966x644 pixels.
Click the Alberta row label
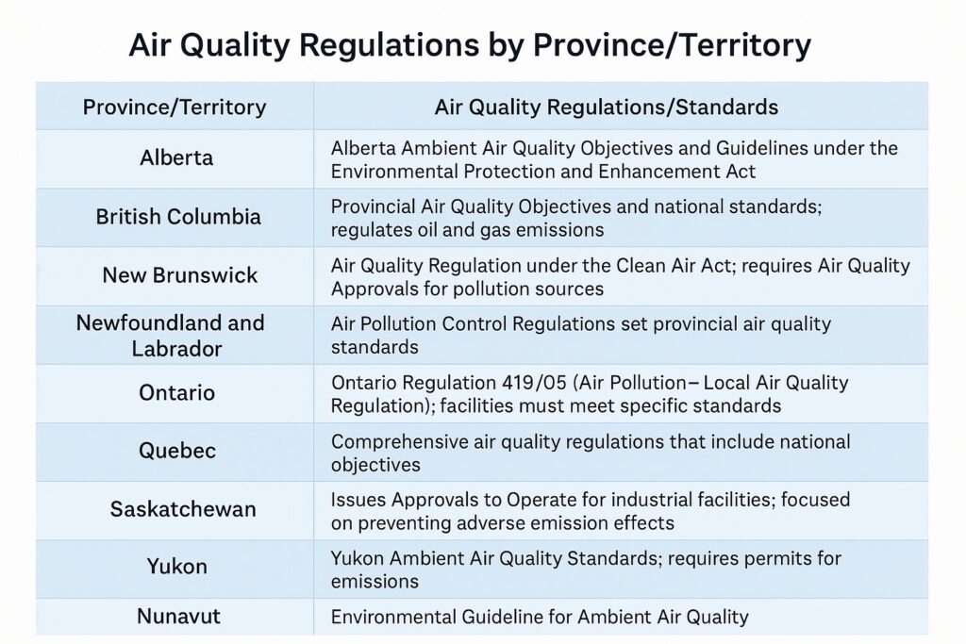point(176,157)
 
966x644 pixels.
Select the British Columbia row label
point(178,217)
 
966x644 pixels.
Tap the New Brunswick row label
point(180,275)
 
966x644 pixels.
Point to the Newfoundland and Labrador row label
point(171,336)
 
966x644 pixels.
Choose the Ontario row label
point(176,393)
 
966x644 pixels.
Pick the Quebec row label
point(177,451)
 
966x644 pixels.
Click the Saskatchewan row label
point(183,509)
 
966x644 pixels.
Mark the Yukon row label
point(176,567)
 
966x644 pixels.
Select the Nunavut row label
point(178,617)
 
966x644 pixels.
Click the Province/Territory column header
point(175,107)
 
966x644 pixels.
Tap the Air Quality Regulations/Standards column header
point(607,107)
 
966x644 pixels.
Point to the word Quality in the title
point(237,45)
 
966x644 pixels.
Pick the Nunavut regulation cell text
point(540,617)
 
